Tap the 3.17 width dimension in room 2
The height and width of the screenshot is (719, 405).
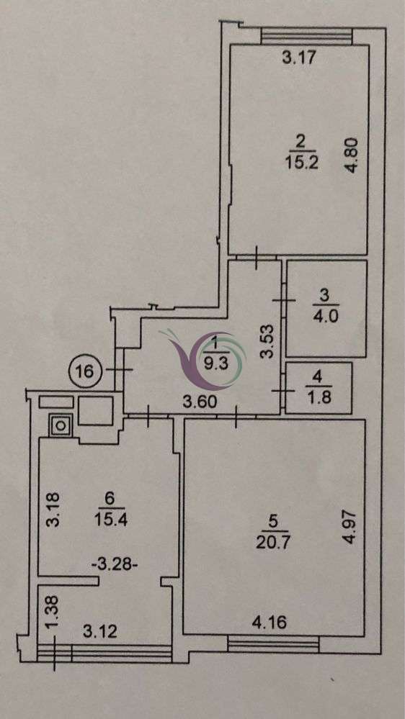[x=299, y=58]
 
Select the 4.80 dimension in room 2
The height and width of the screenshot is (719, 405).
[x=352, y=155]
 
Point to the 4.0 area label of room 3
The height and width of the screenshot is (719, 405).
[x=326, y=317]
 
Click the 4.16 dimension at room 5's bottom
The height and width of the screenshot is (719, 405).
[x=270, y=623]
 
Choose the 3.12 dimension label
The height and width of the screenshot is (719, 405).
[x=100, y=632]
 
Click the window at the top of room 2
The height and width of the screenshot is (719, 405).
[x=306, y=36]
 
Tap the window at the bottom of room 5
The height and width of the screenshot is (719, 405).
[x=274, y=645]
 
